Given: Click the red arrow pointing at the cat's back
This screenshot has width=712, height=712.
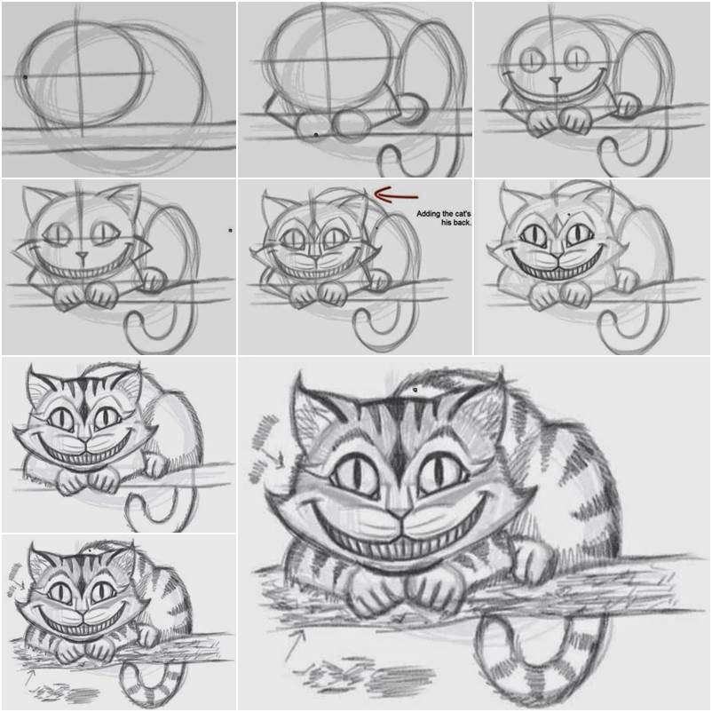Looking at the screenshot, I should coord(396,194).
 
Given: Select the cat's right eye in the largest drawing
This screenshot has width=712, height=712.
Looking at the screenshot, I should coord(441,473).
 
